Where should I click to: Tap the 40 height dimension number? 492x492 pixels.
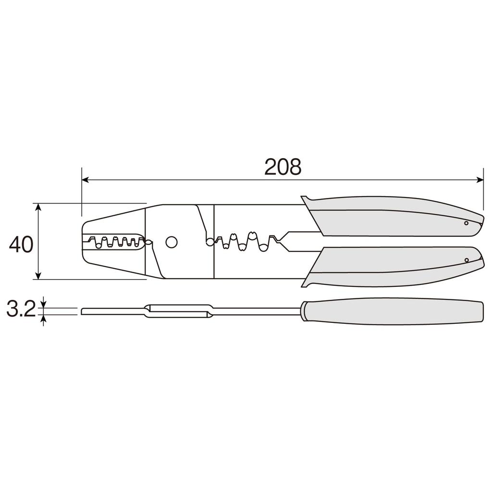pyautogui.click(x=21, y=245)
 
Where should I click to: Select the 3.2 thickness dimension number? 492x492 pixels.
pyautogui.click(x=21, y=310)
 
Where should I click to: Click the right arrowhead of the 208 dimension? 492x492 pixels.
pyautogui.click(x=480, y=180)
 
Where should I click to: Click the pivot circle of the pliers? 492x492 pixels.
pyautogui.click(x=171, y=242)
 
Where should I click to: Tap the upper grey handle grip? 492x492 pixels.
pyautogui.click(x=394, y=216)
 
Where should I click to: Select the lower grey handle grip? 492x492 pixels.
pyautogui.click(x=394, y=267)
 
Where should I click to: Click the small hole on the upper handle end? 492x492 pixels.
pyautogui.click(x=466, y=223)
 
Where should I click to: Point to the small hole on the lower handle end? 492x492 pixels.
pyautogui.click(x=466, y=260)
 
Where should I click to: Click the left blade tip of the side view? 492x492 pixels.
pyautogui.click(x=84, y=311)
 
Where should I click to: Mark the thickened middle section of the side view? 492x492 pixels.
pyautogui.click(x=178, y=311)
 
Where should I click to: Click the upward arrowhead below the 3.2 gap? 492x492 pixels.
pyautogui.click(x=44, y=318)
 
